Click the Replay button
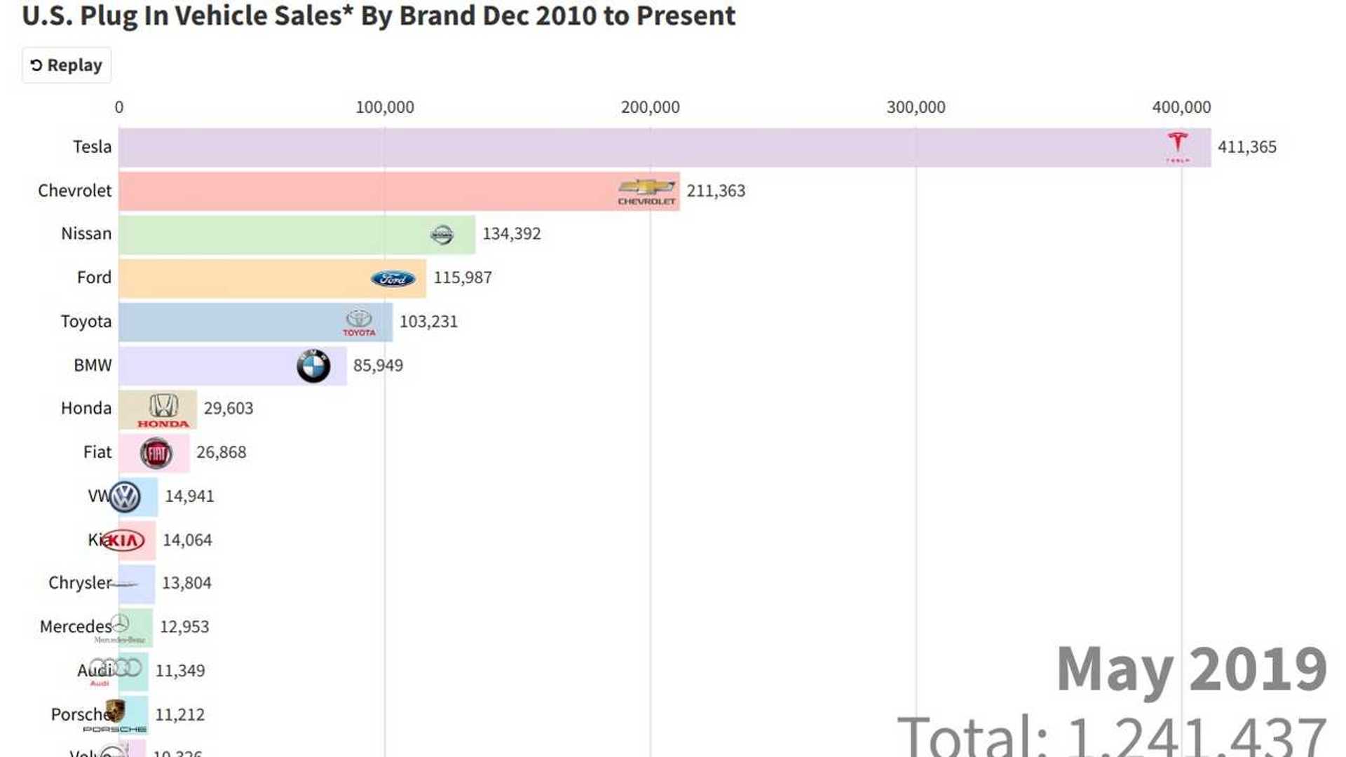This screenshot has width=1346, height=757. point(67,65)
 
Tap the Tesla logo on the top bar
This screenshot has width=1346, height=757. point(1178,144)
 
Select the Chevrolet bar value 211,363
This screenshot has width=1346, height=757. point(716,191)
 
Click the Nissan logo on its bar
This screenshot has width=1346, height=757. point(442,235)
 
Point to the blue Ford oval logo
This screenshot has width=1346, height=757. point(393,279)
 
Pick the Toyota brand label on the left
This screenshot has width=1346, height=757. point(86,321)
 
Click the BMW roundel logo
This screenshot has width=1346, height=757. point(313,366)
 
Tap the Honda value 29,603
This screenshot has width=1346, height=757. point(229,408)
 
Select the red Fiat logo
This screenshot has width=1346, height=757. point(156,453)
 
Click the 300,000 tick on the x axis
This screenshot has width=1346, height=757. point(916,107)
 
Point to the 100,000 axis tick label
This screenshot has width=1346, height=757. point(384,107)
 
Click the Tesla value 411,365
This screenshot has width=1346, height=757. point(1246,147)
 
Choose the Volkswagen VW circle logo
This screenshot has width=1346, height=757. point(125,497)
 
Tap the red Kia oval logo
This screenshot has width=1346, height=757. point(123,540)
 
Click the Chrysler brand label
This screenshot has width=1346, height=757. point(79,583)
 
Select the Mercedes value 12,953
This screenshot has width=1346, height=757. point(184,627)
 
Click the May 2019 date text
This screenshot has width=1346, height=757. point(1191,669)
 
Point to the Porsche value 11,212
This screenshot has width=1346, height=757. point(180,714)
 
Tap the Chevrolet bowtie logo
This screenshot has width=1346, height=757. point(646,188)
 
